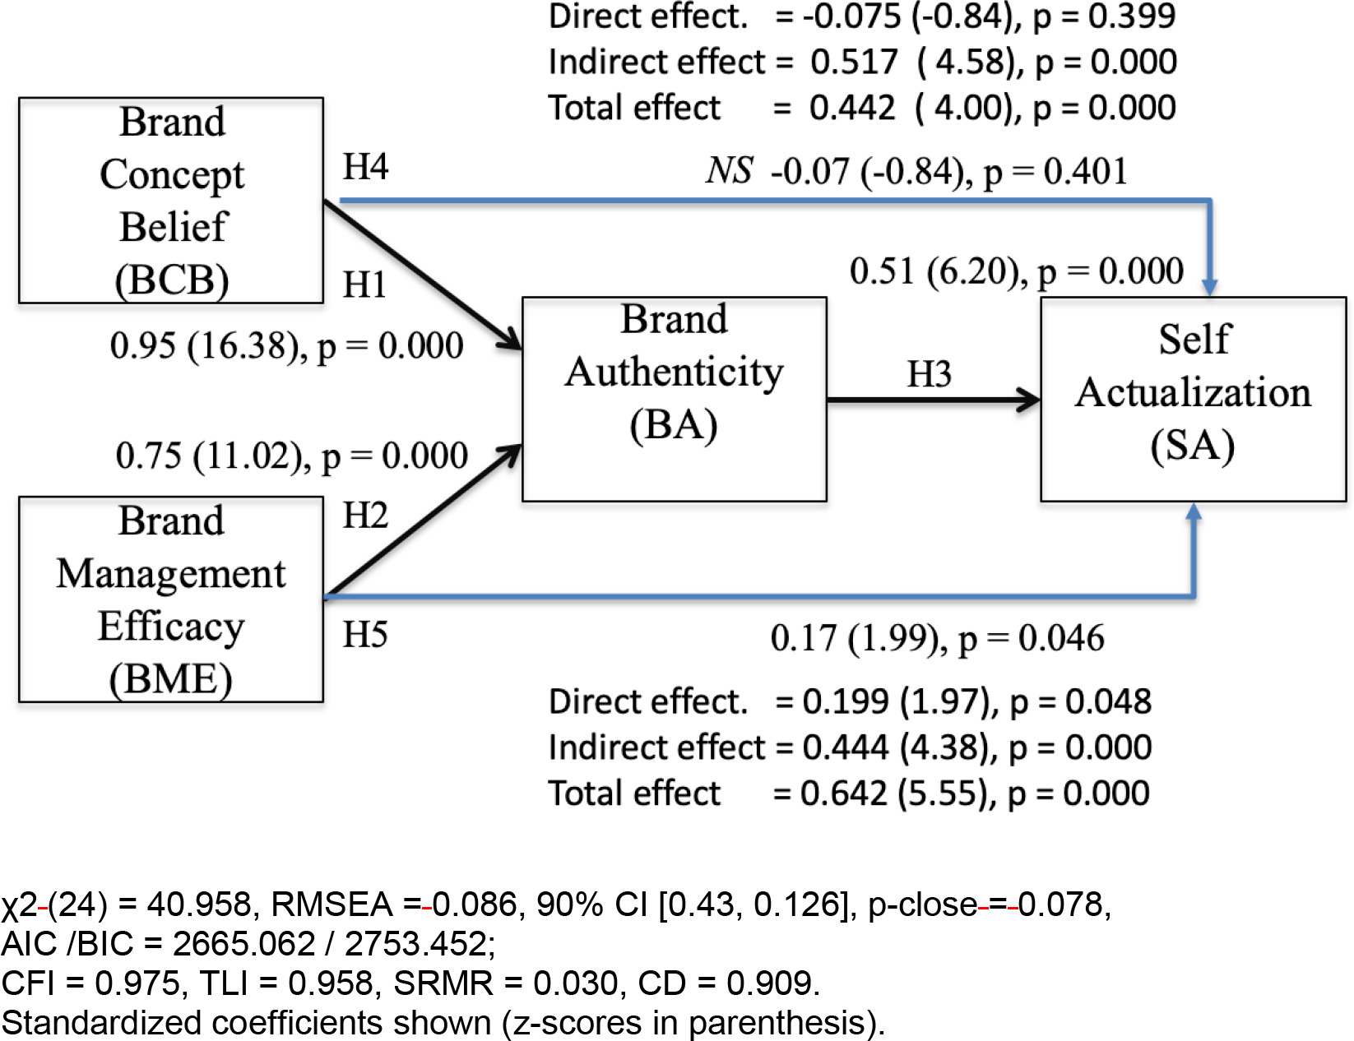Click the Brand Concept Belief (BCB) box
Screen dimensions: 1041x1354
[171, 200]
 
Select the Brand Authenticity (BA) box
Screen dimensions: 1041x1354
[674, 399]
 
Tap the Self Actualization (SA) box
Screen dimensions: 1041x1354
[1193, 399]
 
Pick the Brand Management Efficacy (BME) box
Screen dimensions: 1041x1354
[171, 599]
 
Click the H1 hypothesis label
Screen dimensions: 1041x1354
[364, 285]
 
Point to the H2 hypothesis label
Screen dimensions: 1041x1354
[364, 516]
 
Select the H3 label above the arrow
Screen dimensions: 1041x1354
[929, 374]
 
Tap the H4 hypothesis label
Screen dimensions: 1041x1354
[364, 167]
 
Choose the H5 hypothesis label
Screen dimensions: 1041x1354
[364, 634]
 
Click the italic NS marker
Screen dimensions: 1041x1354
[729, 171]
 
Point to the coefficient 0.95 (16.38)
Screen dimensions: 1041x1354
[206, 345]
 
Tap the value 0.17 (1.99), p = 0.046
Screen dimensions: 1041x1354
[937, 638]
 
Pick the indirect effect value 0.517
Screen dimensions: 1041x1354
[854, 62]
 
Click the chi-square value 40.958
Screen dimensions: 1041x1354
[198, 905]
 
